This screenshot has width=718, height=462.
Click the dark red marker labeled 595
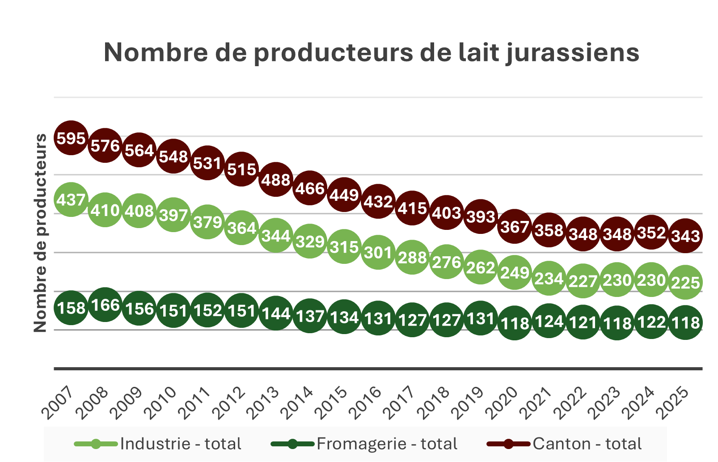(71, 138)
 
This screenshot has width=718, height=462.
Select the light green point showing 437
(71, 199)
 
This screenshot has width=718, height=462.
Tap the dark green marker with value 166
(105, 305)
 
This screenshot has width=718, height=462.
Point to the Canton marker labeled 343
(685, 235)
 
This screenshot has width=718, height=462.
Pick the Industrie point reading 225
(685, 282)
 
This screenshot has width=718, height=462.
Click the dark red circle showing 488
(276, 179)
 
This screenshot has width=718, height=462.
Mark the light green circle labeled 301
(378, 253)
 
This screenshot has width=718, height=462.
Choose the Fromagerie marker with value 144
(276, 313)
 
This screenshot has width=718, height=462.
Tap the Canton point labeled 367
(515, 226)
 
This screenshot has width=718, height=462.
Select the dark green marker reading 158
(71, 308)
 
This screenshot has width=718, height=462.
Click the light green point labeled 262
(481, 267)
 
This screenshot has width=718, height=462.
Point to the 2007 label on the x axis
(57, 403)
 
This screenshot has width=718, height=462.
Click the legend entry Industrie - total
(180, 444)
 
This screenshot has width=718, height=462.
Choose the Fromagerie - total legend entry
(387, 444)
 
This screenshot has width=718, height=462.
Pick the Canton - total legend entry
(587, 444)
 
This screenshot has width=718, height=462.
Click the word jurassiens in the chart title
(573, 53)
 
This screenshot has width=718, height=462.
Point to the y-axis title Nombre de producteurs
(40, 233)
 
